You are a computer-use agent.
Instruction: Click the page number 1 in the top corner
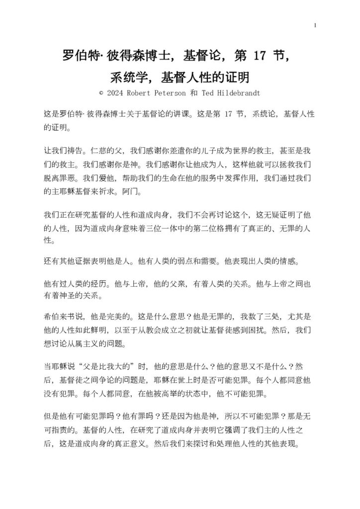(x=315, y=25)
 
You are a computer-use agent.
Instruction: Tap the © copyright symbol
(x=101, y=92)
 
